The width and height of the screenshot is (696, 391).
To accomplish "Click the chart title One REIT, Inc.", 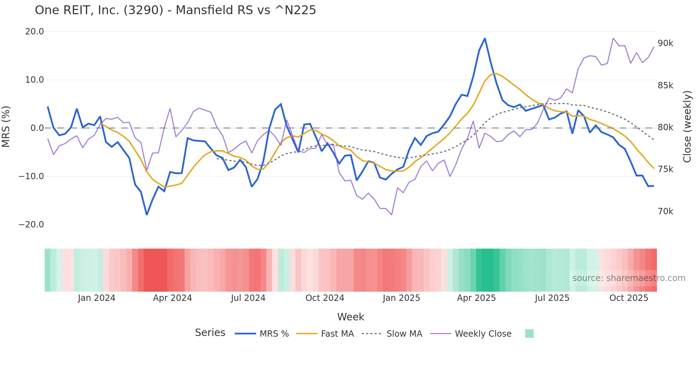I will [175, 10].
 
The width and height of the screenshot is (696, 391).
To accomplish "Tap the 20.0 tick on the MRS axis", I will [34, 32].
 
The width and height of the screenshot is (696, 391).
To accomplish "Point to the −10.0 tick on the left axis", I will [31, 176].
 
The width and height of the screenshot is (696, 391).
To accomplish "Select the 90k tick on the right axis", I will [665, 43].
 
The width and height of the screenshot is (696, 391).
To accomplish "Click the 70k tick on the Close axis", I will [665, 211].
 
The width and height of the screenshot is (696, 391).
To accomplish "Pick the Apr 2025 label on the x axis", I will [476, 298].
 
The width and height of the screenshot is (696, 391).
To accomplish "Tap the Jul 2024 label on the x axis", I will [248, 298].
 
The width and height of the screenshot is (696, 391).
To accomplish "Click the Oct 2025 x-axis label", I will [629, 298].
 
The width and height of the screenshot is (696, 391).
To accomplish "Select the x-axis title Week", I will [350, 317].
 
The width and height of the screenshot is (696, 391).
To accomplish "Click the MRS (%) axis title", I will [6, 127].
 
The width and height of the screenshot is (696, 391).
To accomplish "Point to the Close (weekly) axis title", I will [687, 127].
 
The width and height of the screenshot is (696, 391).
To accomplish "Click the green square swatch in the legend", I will [529, 334].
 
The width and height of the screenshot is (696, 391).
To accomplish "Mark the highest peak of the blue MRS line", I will [485, 39].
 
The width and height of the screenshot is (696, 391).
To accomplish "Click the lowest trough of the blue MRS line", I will [147, 214].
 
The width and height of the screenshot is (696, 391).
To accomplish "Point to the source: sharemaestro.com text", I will [629, 278].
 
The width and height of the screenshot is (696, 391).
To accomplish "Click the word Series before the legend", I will [210, 333].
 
